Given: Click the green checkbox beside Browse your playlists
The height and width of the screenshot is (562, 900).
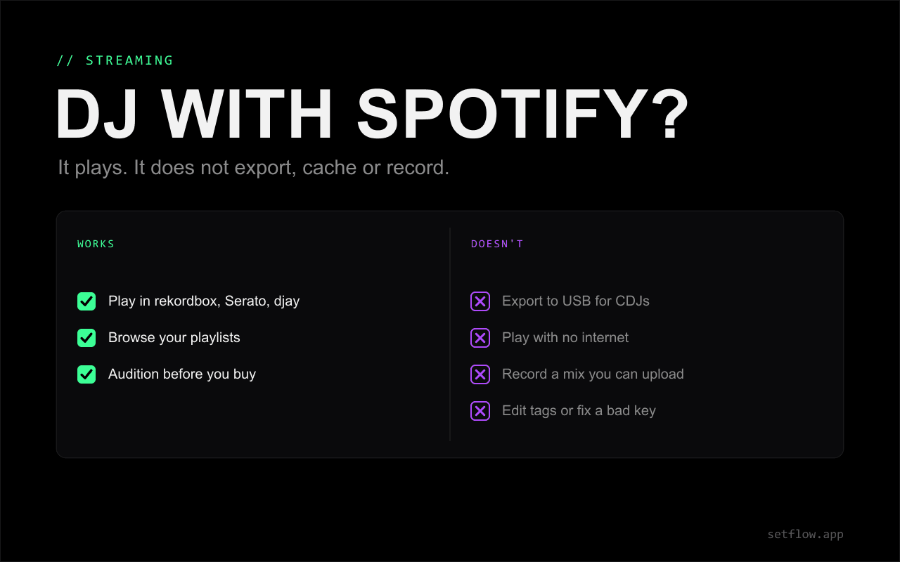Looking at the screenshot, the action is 86,338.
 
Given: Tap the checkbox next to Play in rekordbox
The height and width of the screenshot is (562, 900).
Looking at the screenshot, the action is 86,301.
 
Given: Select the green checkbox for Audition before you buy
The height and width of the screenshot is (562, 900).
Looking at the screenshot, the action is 86,374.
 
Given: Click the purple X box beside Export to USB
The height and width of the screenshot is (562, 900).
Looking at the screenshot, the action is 480,301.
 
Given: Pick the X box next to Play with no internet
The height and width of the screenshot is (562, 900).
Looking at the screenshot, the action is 480,338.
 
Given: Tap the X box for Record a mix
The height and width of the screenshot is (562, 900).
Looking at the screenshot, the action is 480,374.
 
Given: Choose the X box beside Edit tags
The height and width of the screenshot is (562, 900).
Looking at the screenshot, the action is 480,411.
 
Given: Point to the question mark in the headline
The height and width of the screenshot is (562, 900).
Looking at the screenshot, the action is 669,114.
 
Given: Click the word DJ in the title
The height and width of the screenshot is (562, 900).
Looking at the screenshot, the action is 96,114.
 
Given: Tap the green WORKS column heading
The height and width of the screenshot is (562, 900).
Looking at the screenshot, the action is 96,244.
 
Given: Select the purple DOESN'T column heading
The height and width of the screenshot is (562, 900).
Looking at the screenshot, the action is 497,244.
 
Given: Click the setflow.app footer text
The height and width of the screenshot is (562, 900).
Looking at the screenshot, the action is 805,535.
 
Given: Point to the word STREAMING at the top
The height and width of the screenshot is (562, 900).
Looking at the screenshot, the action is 129,60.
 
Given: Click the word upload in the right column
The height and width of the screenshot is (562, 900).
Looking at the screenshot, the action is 662,374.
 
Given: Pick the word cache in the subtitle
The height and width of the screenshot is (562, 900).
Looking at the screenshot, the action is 330,168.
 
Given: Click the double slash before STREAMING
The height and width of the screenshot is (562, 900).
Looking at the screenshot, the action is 65,60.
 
